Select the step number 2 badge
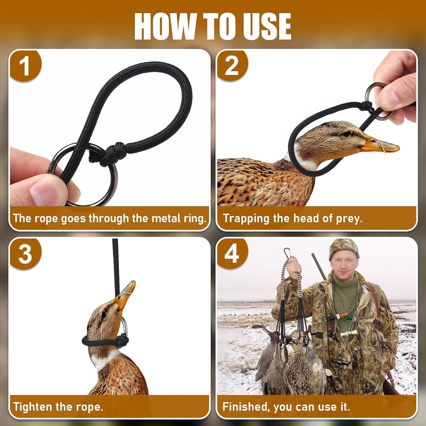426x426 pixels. (x=232, y=66)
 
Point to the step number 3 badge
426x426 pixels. (x=25, y=254)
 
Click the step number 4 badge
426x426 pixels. (x=232, y=254)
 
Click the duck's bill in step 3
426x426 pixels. (x=125, y=293)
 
